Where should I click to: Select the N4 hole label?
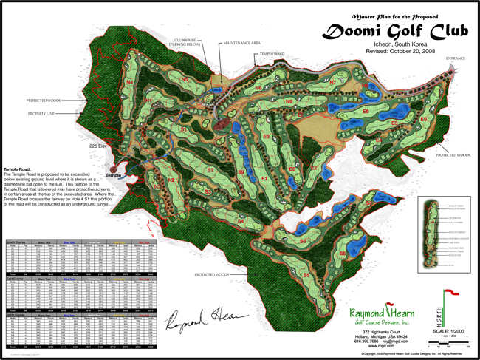[x=130, y=72]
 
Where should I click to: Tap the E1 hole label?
[x=264, y=177]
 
